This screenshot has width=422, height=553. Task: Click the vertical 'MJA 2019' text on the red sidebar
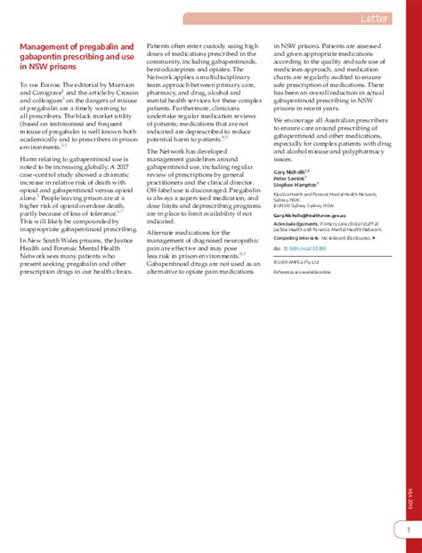click(x=408, y=314)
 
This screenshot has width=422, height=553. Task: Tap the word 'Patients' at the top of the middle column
click(x=159, y=45)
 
